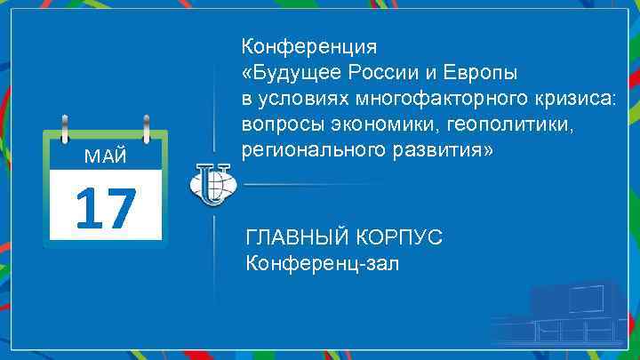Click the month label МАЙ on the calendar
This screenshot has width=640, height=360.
105,157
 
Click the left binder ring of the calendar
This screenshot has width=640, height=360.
66,128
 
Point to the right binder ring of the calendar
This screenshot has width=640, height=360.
144,128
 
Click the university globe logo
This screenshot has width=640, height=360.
211,185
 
